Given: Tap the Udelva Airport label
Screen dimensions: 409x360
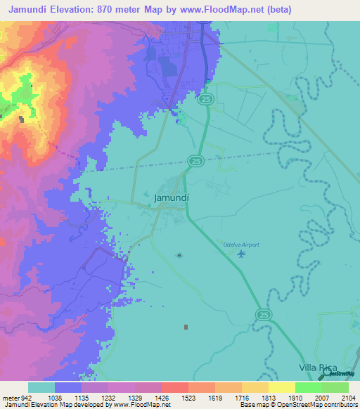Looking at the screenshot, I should click(241, 245).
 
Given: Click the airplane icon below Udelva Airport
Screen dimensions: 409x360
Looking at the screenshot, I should click(242, 254).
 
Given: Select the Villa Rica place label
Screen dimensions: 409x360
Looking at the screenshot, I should click(317, 368).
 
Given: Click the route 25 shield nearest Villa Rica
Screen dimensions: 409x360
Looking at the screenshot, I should click(262, 313).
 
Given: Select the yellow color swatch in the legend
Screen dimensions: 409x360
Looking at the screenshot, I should click(281, 387).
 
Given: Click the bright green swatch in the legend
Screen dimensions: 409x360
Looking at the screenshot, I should click(308, 387).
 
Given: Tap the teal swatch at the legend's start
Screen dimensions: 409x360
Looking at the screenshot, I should click(41, 387).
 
